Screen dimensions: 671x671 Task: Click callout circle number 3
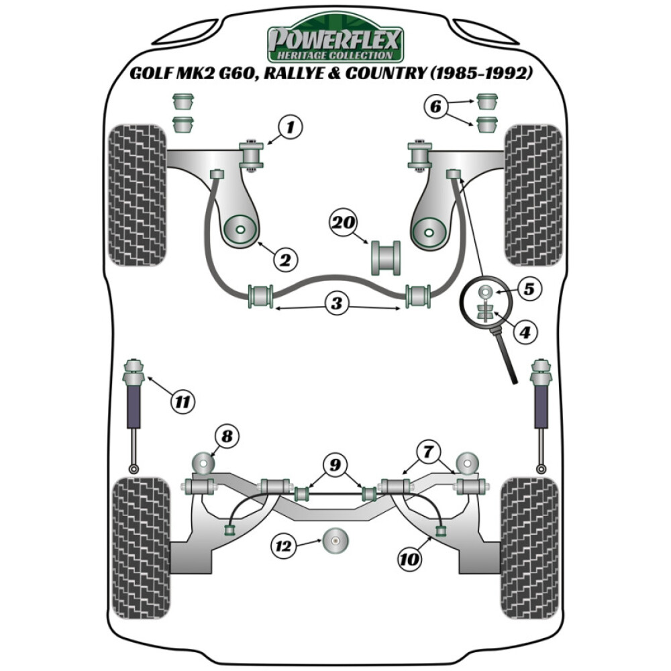point(336,304)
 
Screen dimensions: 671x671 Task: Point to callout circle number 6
point(437,105)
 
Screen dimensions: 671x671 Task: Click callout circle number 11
point(181,402)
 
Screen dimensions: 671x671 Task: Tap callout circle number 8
point(226,437)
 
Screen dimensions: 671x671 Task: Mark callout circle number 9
point(335,464)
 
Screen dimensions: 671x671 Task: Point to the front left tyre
point(136,195)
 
